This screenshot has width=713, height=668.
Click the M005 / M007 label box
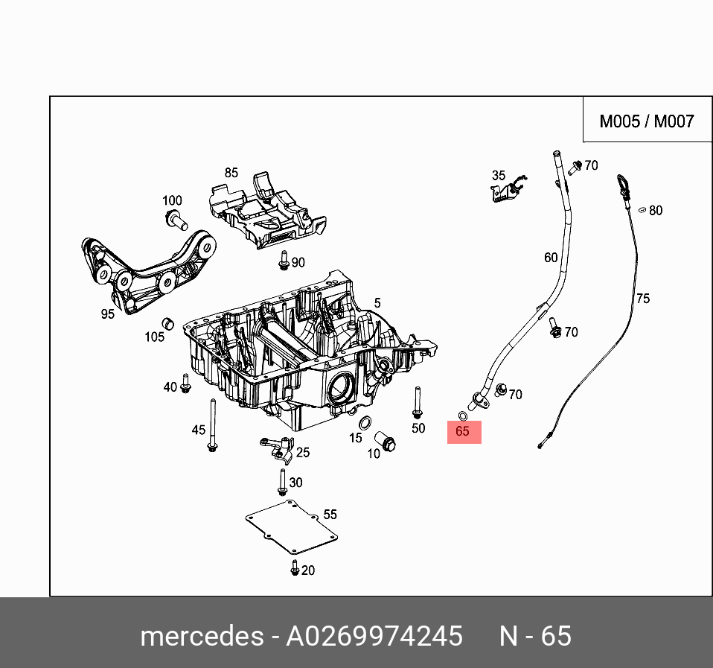[646, 121]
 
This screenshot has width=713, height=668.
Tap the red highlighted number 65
[464, 431]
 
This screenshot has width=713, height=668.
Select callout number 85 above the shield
[231, 173]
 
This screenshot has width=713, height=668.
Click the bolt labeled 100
[176, 219]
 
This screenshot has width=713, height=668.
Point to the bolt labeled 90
[284, 261]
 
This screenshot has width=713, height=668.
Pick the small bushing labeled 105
[168, 323]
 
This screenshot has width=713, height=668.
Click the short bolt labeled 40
[186, 384]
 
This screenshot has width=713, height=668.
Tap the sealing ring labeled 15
[366, 424]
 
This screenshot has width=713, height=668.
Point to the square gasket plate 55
[290, 529]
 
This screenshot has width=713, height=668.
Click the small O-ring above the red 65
[462, 414]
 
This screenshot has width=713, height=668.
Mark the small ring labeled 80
[641, 211]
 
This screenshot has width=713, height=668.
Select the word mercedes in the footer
[201, 637]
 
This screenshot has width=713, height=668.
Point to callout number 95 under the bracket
[108, 314]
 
